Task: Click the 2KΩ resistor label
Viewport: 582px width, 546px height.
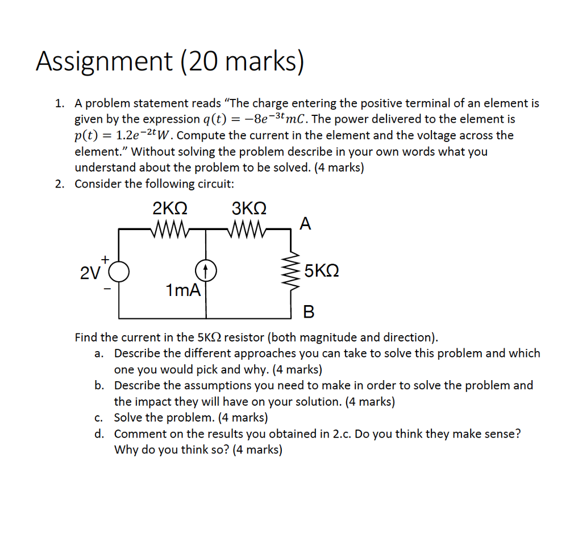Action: (x=171, y=208)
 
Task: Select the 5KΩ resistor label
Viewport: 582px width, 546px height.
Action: (x=322, y=270)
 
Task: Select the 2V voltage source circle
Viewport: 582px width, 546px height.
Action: (x=119, y=272)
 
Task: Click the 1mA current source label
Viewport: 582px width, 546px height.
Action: (x=183, y=291)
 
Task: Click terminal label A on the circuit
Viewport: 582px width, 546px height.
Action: (x=305, y=224)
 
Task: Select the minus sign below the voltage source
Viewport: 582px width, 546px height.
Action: (x=106, y=288)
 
